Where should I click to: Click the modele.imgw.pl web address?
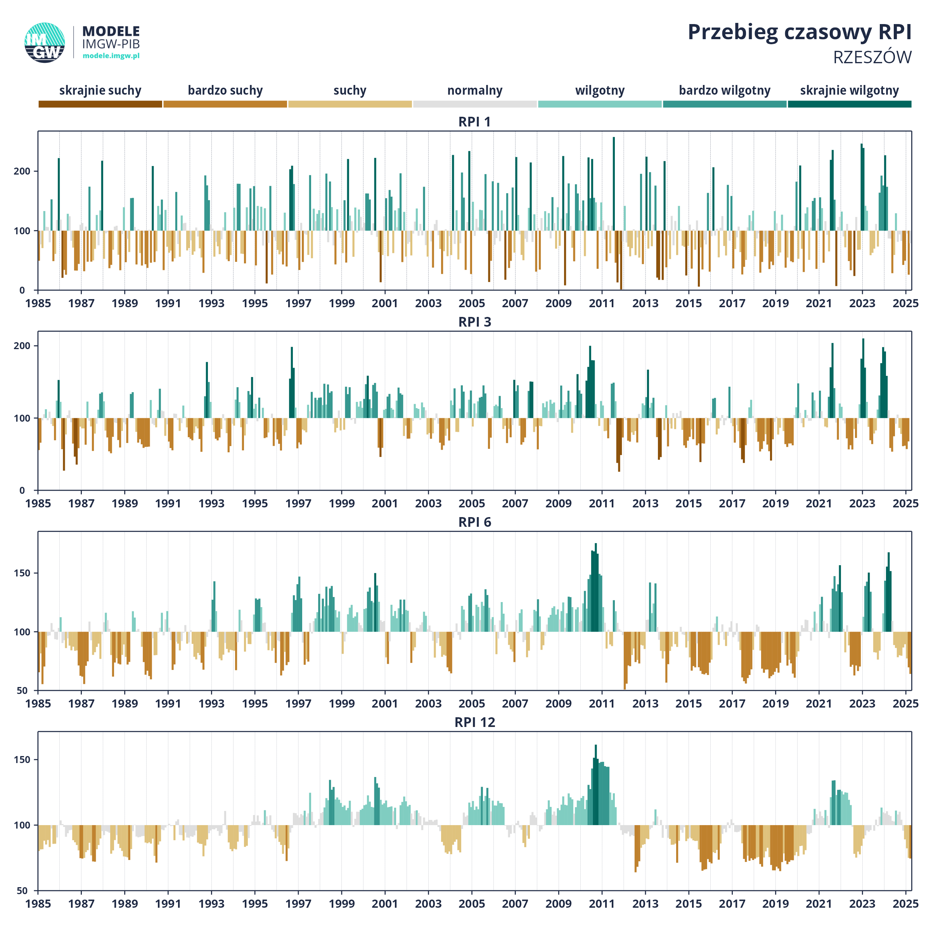pos(111,55)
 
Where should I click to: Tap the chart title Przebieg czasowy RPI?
pos(799,32)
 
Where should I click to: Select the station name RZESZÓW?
pos(872,57)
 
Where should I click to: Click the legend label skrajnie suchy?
pos(100,91)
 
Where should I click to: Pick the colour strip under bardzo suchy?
pos(225,104)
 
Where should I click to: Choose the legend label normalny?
pos(475,91)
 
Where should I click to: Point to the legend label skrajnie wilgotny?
pos(850,91)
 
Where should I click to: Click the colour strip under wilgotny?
pos(600,104)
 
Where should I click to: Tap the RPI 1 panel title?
pos(475,122)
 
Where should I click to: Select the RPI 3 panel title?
pos(475,322)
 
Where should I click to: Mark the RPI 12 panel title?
pos(475,722)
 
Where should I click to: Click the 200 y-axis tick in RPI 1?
pos(22,171)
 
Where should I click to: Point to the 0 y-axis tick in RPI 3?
pos(22,491)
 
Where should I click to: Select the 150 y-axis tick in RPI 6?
pos(22,573)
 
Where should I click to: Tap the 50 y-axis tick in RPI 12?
pos(22,891)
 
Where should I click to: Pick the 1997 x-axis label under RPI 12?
pos(298,903)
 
